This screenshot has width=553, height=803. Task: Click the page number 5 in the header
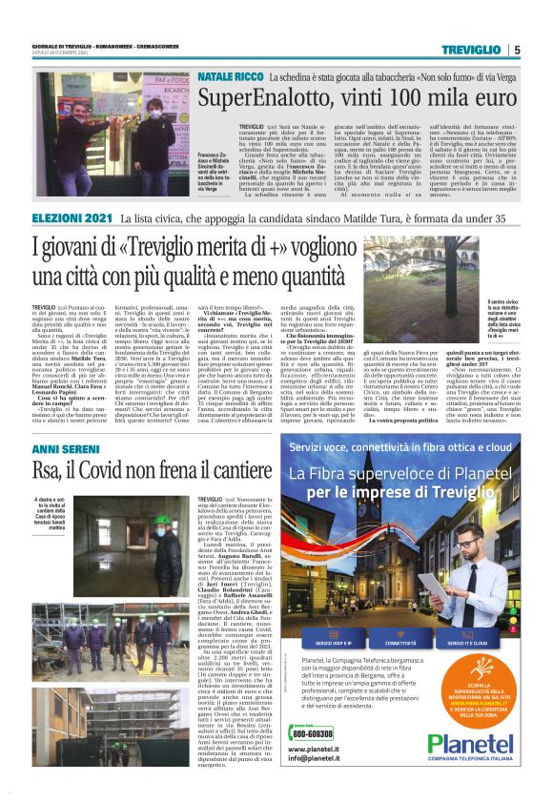[x=516, y=50]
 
